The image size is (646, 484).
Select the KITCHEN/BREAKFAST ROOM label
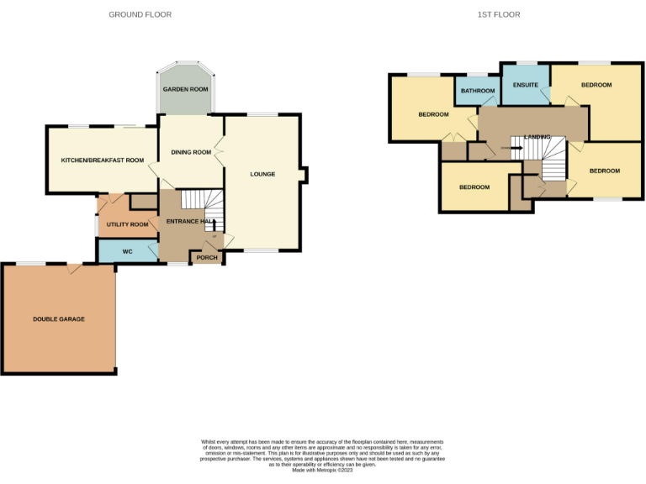coord(97,160)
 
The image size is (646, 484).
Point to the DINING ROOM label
coord(191,152)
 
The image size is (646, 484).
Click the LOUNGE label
coord(262,175)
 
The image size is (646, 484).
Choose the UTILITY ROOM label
coord(127,224)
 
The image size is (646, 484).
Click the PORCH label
coord(207,257)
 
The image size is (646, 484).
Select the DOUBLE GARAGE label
coord(59,319)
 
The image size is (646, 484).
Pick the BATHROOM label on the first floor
coord(477,91)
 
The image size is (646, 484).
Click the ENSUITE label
coord(526,85)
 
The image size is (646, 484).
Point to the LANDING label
coord(537,136)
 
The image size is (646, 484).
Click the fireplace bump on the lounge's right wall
coord(304,174)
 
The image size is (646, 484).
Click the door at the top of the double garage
coord(75,268)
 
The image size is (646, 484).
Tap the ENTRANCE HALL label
coord(187,221)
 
